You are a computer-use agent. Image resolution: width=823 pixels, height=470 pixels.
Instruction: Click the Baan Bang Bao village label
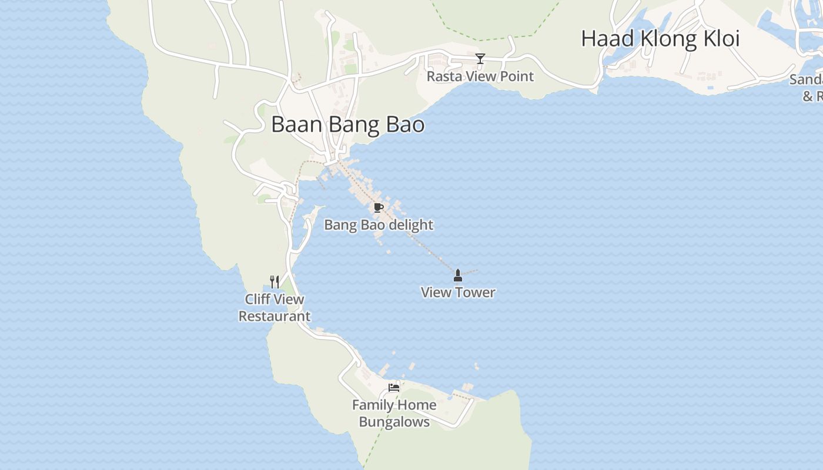[x=347, y=125]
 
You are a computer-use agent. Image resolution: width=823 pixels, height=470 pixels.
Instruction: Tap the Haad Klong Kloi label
[x=660, y=39]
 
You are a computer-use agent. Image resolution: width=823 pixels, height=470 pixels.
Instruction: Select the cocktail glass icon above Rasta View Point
[x=480, y=58]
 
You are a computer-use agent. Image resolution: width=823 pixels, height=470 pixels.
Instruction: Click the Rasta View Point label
[x=480, y=76]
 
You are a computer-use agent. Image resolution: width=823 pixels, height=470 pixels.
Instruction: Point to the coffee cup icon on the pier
[x=379, y=207]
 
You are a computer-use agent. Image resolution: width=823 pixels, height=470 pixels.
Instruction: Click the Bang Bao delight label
[x=379, y=225]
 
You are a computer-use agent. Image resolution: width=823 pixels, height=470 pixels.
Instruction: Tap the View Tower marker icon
[x=458, y=275]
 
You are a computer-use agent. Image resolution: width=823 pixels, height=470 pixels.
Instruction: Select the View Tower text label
[x=458, y=293]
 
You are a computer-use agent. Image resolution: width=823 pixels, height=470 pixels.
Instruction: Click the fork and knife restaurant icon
[x=275, y=281]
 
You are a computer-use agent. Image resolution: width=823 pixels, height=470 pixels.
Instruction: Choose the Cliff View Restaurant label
[x=275, y=308]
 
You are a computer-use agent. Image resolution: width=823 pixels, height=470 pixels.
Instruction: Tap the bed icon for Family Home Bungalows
[x=394, y=387]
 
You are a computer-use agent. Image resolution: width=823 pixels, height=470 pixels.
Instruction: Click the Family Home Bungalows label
[x=394, y=414]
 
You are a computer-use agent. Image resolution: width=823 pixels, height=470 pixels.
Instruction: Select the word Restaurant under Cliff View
[x=275, y=317]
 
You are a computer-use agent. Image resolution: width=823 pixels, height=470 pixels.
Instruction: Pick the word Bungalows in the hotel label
[x=394, y=422]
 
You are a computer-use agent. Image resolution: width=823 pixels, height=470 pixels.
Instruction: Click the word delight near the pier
[x=411, y=225]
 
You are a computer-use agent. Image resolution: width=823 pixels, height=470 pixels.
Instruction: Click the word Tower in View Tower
[x=474, y=293]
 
